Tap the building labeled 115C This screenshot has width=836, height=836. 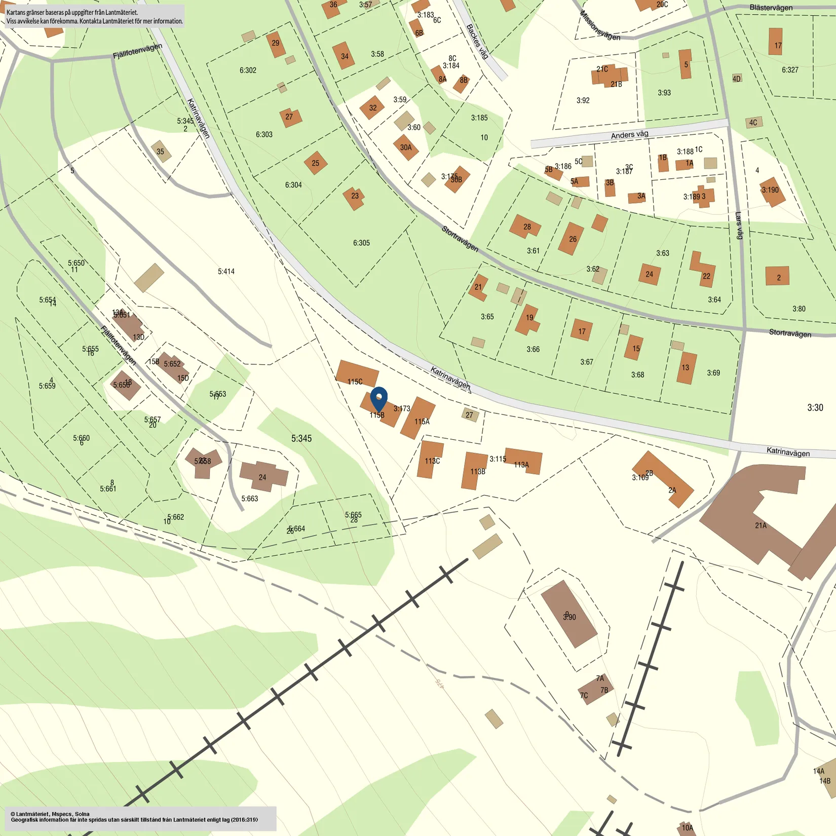[357, 374]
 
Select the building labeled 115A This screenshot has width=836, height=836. [418, 417]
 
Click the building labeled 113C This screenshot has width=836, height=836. [431, 459]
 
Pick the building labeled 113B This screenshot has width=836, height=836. [475, 471]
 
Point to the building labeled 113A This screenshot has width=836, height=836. [524, 461]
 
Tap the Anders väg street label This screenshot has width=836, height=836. [629, 135]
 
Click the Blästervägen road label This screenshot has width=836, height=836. [771, 8]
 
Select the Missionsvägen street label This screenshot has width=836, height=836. [600, 25]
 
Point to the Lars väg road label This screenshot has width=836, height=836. [739, 225]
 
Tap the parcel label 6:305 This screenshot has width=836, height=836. [361, 243]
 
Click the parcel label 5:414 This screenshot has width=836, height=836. [226, 272]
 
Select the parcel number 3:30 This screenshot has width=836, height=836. [815, 407]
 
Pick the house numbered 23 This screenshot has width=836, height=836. [354, 198]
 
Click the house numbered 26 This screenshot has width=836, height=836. [572, 238]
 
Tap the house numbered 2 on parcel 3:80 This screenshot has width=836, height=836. [778, 277]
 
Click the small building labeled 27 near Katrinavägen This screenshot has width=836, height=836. [470, 415]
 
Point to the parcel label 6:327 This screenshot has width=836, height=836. [790, 70]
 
